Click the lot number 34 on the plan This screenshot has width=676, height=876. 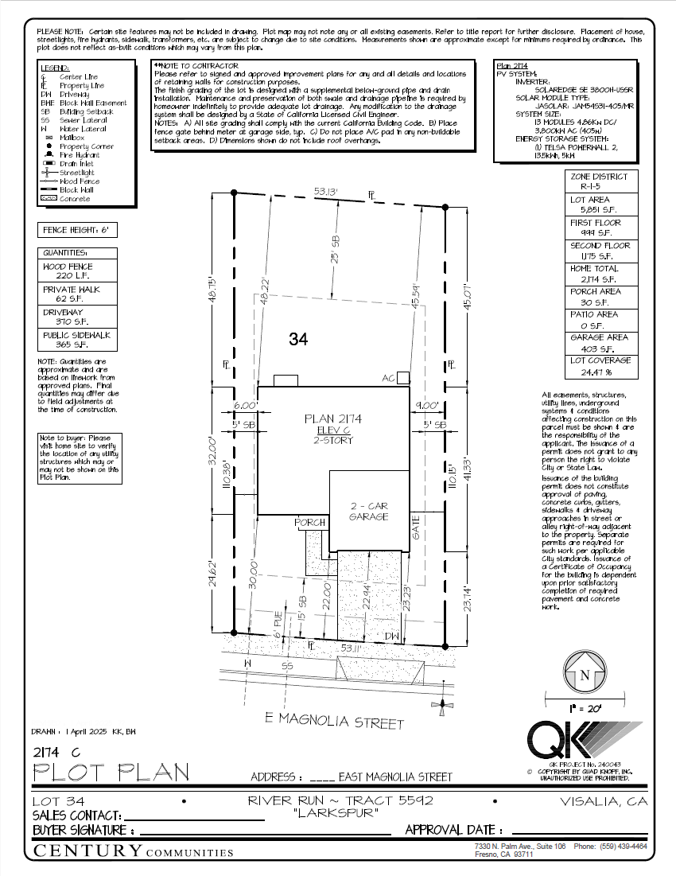pos(298,340)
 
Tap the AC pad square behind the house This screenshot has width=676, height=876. pos(403,377)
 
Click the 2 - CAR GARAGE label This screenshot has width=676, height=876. pos(368,511)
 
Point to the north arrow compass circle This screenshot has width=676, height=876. pos(585,675)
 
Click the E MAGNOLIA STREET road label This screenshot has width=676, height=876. pos(334,721)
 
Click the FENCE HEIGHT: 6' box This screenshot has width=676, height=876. pos(78,231)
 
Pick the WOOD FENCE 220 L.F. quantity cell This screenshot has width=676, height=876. pos(78,271)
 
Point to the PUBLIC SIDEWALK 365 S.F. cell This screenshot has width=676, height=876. pos(78,340)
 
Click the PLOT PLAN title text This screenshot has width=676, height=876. pos(111,772)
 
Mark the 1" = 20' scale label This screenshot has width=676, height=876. pos(585,707)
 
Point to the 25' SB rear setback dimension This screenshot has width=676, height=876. pos(335,249)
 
